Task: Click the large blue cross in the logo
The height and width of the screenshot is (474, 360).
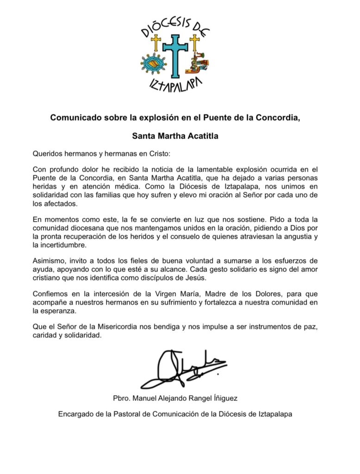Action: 175,55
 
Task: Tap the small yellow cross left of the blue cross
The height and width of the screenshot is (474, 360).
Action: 156,43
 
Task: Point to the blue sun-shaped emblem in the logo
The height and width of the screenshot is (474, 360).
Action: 152,64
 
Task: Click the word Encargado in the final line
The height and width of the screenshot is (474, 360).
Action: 75,414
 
